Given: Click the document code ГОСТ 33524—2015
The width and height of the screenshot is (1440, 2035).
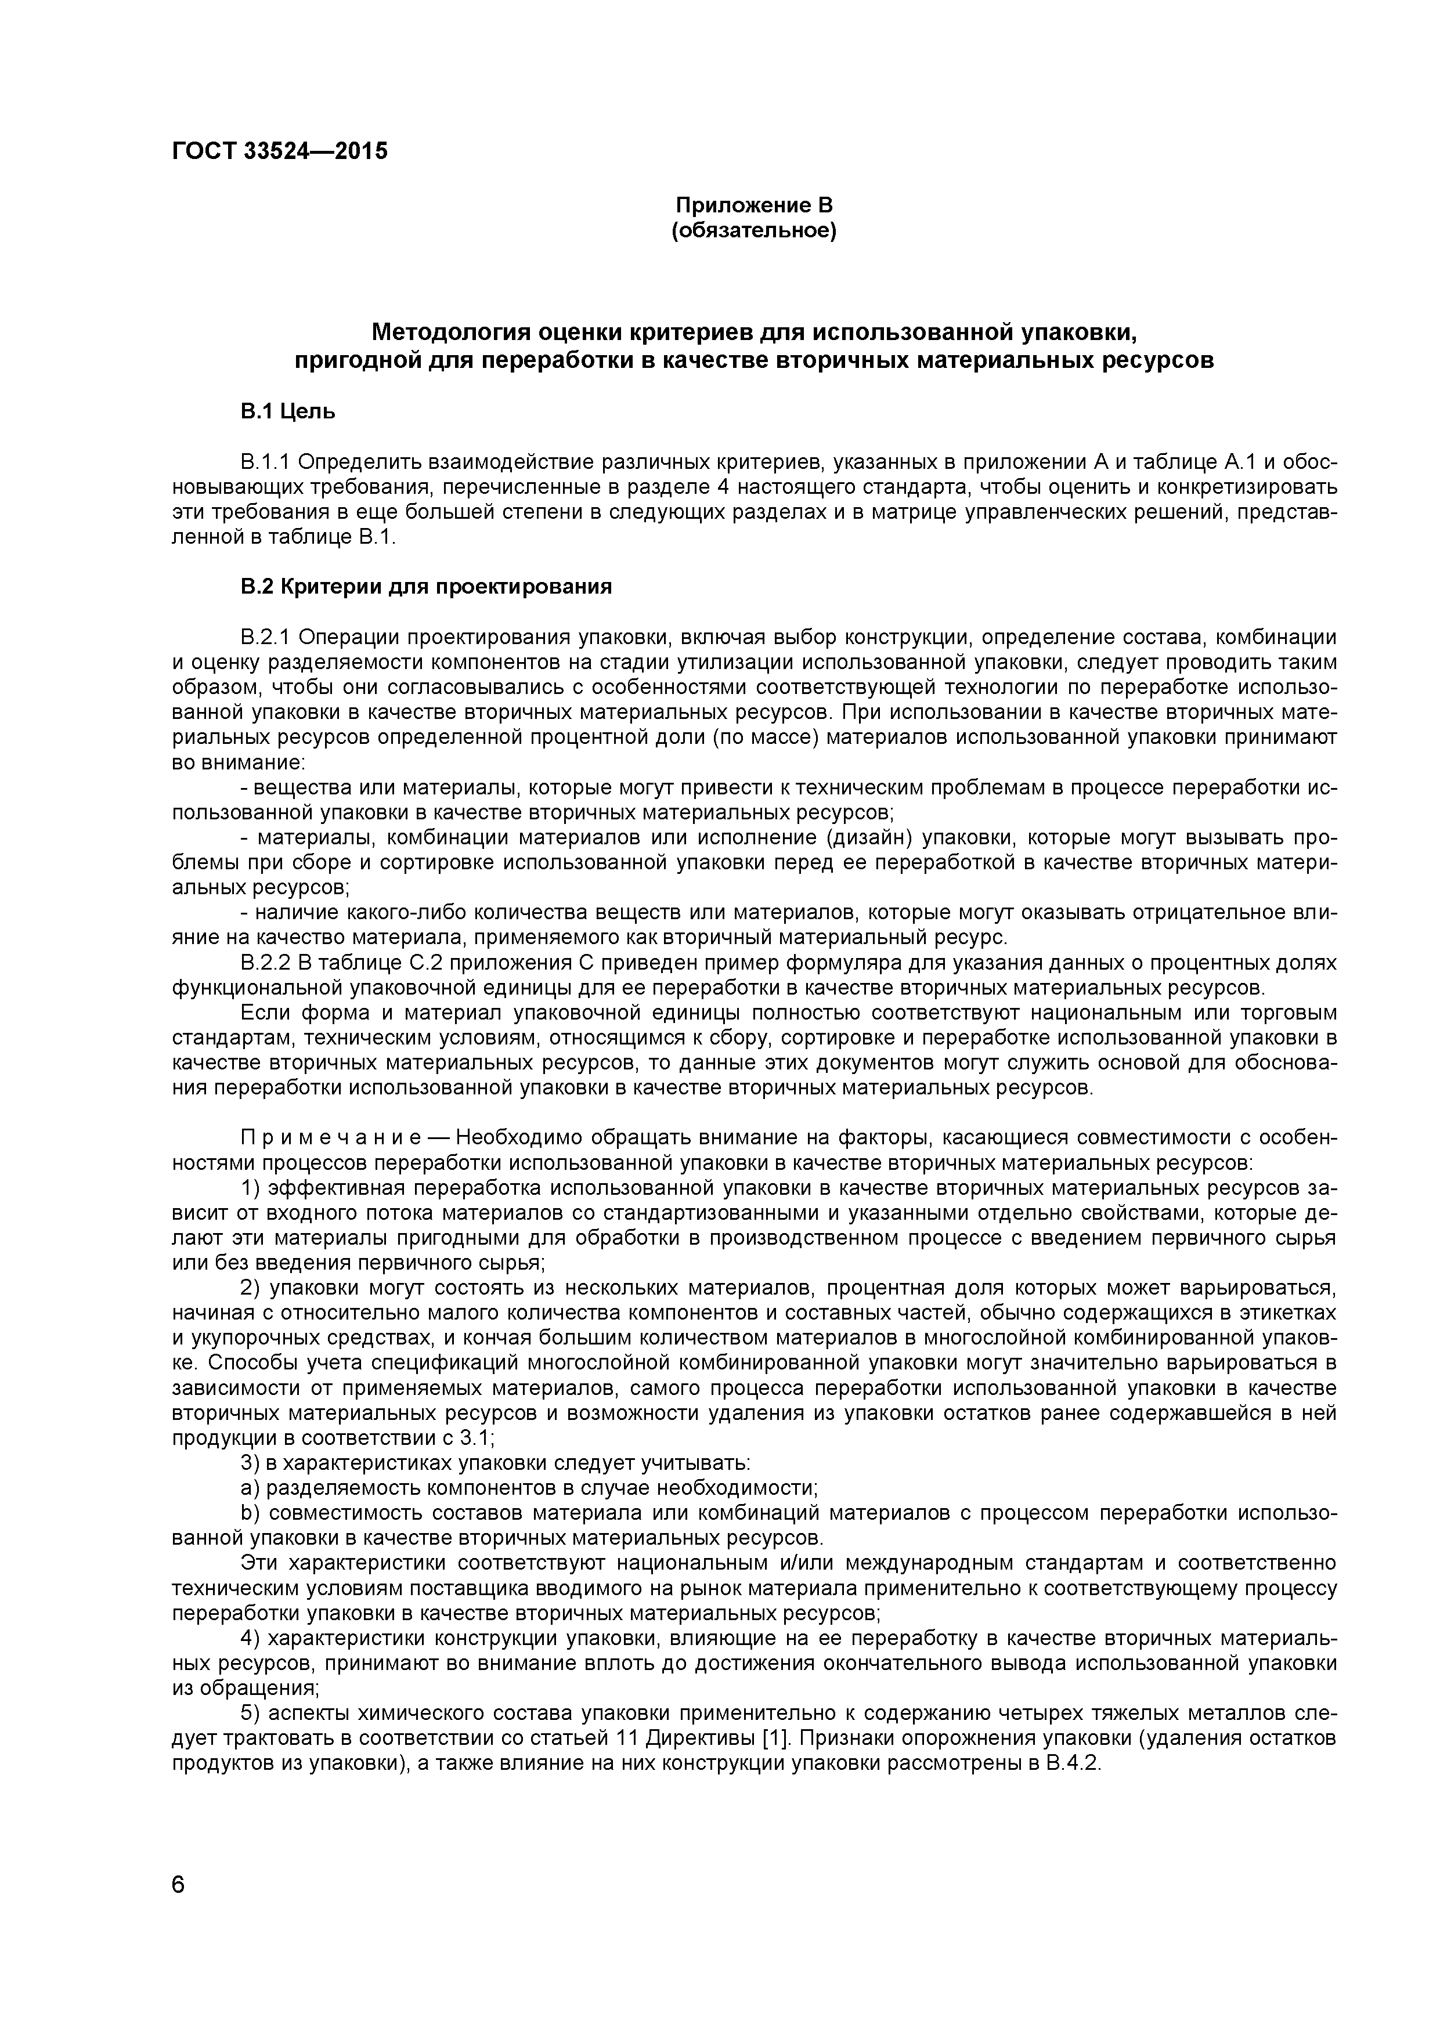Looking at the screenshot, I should click(x=279, y=151).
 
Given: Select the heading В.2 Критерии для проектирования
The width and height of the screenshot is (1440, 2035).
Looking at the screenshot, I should click(x=427, y=587).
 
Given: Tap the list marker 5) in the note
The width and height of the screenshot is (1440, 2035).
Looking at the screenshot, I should click(x=251, y=1714).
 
